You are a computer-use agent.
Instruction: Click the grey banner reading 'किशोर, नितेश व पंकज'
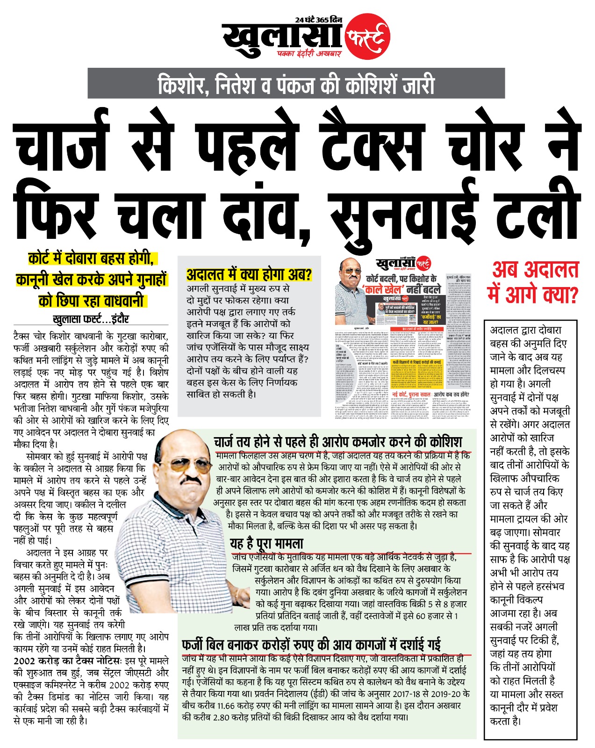pyautogui.click(x=296, y=84)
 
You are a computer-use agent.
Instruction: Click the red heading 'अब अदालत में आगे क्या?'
pyautogui.click(x=532, y=282)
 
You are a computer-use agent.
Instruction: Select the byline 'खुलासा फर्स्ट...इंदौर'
pyautogui.click(x=91, y=319)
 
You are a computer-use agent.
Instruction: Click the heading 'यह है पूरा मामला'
pyautogui.click(x=266, y=544)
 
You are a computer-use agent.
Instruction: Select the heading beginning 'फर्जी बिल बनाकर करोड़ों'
pyautogui.click(x=311, y=645)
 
